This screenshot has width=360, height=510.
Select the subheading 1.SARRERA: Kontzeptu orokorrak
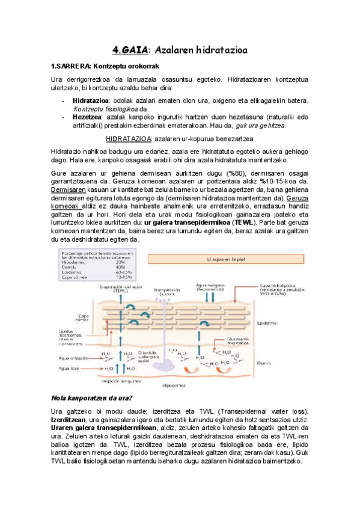coord(105,66)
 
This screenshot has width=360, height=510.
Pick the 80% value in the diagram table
coord(120,266)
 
